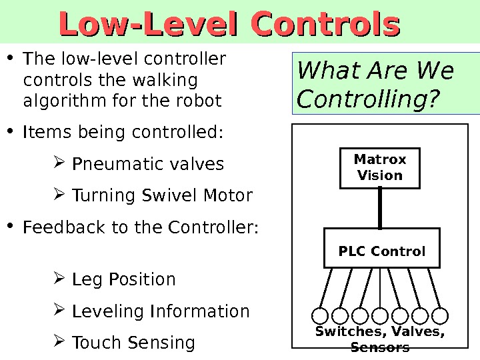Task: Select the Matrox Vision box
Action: point(380,167)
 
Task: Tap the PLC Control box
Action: point(381,251)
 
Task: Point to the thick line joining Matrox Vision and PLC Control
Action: point(380,207)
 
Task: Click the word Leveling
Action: point(109,311)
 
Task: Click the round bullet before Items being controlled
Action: point(12,131)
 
